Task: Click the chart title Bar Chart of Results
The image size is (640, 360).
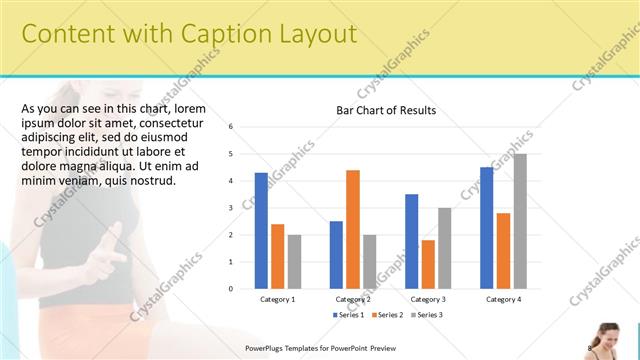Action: [385, 110]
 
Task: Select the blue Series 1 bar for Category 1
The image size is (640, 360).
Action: [261, 231]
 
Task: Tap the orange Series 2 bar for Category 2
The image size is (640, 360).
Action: [353, 229]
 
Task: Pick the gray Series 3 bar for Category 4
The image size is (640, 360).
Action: [520, 221]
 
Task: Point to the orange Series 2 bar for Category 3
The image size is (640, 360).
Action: [428, 264]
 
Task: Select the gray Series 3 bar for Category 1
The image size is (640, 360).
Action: [294, 262]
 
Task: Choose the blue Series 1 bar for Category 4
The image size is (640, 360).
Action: [487, 228]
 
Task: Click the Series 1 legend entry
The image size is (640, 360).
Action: [349, 315]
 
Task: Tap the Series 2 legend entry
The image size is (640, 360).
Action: [388, 315]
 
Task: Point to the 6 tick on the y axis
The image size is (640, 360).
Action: [231, 127]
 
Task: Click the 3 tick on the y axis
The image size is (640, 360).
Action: [231, 208]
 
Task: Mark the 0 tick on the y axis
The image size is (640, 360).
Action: [231, 289]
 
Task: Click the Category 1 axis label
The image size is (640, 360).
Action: [277, 299]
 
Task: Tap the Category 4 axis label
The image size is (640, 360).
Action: [503, 299]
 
